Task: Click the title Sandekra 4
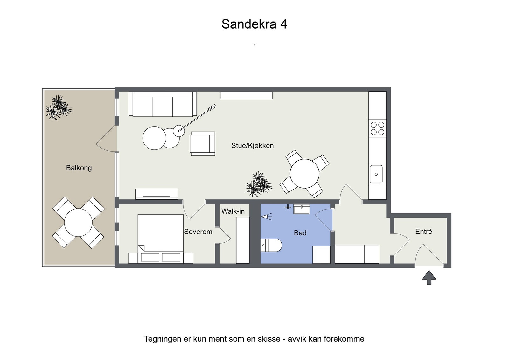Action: [254, 24]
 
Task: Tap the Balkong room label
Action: [79, 168]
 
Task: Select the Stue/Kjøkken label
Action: [252, 146]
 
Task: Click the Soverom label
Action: [198, 232]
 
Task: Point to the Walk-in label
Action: [233, 211]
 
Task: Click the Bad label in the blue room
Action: [300, 233]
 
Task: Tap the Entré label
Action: [423, 232]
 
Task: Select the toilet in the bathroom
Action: [271, 245]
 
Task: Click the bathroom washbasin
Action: [301, 209]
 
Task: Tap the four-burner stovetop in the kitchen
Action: [377, 128]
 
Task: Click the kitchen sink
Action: [376, 174]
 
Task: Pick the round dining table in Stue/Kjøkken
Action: [304, 174]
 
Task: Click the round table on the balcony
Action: [78, 223]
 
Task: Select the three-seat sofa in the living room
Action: [163, 104]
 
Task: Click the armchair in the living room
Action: [202, 143]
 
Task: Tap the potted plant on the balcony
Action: [59, 107]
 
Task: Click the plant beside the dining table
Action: [259, 184]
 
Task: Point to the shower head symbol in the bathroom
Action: [266, 217]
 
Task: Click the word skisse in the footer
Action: [270, 339]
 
